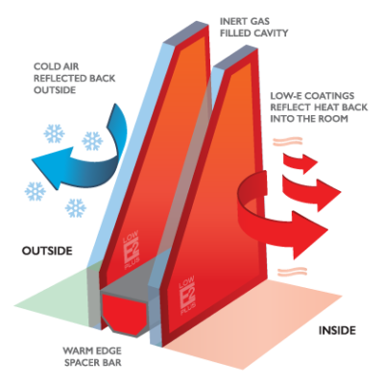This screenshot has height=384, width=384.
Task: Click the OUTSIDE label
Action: [47, 251]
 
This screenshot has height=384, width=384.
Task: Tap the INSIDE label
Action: [337, 330]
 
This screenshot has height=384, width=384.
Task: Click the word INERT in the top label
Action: [231, 21]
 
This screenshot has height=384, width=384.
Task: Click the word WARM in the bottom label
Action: [75, 351]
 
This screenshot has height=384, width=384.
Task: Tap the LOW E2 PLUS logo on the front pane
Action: [186, 295]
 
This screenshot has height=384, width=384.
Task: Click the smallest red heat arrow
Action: [300, 161]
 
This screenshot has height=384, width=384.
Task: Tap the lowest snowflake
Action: [76, 208]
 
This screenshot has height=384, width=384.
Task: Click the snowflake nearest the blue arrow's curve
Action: [92, 141]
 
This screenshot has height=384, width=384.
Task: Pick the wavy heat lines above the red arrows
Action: [287, 141]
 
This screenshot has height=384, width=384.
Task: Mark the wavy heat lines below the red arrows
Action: [292, 272]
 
